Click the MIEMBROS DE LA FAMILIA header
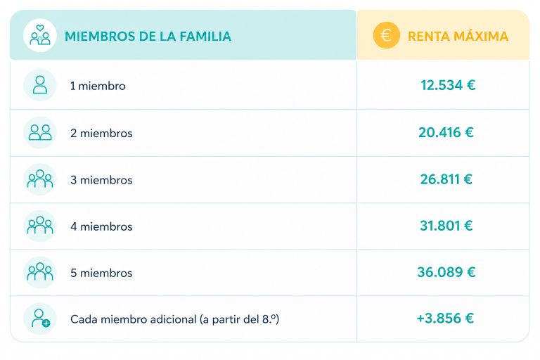pyautogui.click(x=148, y=36)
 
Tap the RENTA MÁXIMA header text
pyautogui.click(x=458, y=36)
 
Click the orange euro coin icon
pyautogui.click(x=387, y=35)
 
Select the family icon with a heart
pyautogui.click(x=40, y=35)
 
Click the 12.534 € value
pyautogui.click(x=448, y=85)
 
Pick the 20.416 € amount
pyautogui.click(x=446, y=132)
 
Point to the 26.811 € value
pyautogui.click(x=446, y=179)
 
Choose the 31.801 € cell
pyautogui.click(x=446, y=226)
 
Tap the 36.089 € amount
pyautogui.click(x=446, y=272)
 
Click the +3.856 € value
pyautogui.click(x=445, y=319)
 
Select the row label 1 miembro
pyautogui.click(x=98, y=86)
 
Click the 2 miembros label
pyautogui.click(x=101, y=133)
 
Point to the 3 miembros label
pyautogui.click(x=101, y=180)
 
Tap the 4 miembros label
pyautogui.click(x=101, y=226)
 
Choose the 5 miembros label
pyautogui.click(x=101, y=273)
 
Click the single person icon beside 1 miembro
pyautogui.click(x=40, y=85)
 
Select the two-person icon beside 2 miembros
pyautogui.click(x=40, y=132)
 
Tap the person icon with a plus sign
pyautogui.click(x=40, y=319)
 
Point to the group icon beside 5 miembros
pyautogui.click(x=40, y=272)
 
